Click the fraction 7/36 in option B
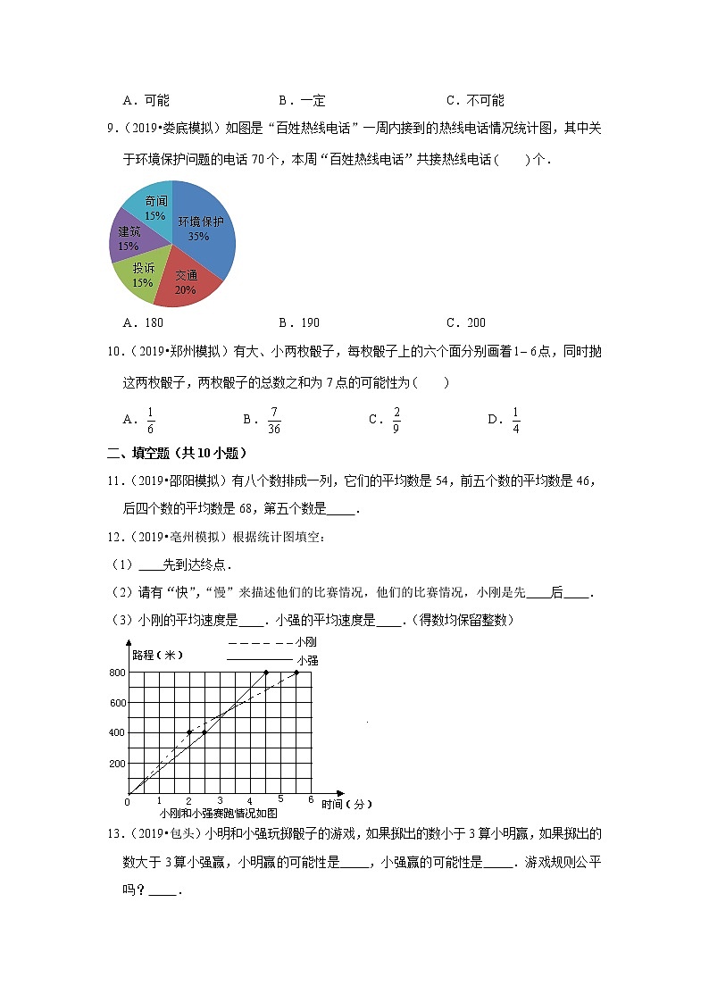point(274,419)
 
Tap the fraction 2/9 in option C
point(396,419)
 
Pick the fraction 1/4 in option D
point(516,419)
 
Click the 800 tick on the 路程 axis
point(117,672)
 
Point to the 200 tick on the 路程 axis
point(117,763)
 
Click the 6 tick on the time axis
point(310,800)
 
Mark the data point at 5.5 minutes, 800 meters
point(296,672)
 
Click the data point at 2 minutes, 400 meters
point(189,732)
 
